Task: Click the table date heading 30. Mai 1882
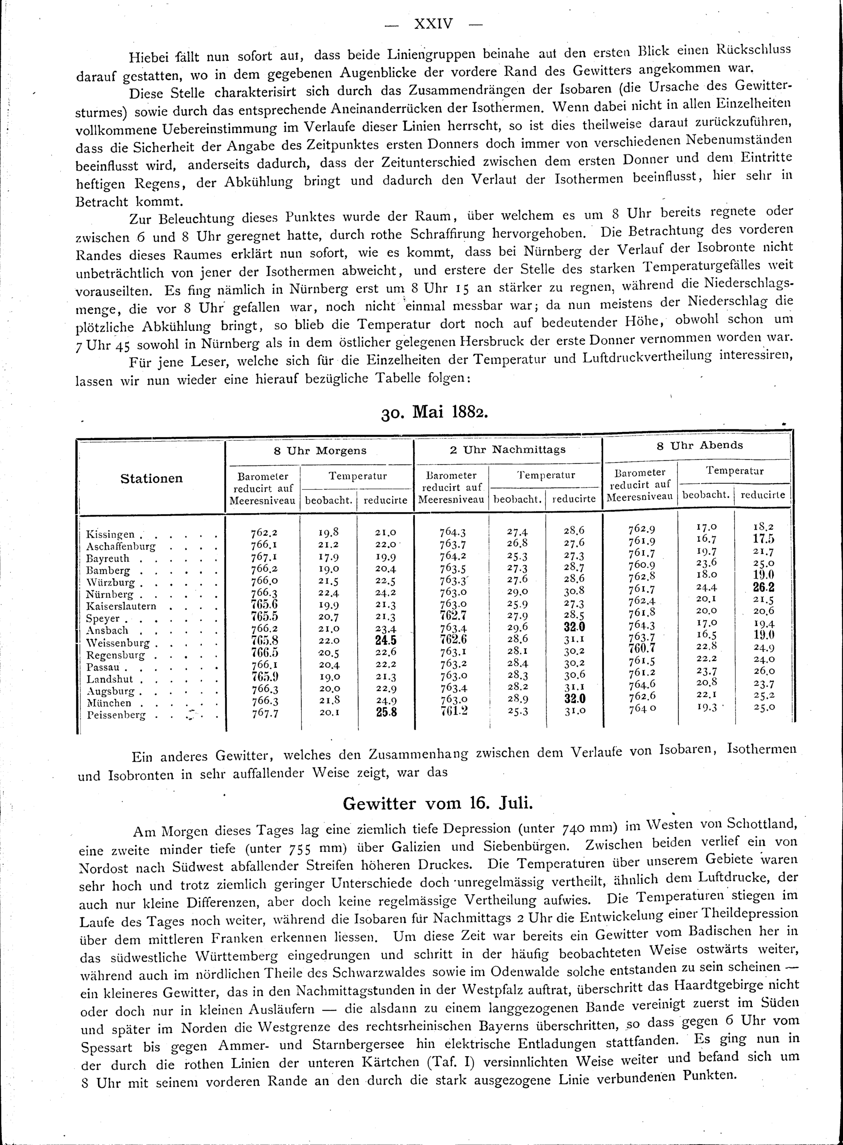click(x=434, y=412)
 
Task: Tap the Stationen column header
click(x=152, y=479)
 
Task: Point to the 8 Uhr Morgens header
click(x=320, y=450)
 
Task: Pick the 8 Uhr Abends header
click(x=700, y=445)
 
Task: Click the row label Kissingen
click(x=111, y=535)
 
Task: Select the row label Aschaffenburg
click(x=121, y=546)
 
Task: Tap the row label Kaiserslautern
click(x=121, y=607)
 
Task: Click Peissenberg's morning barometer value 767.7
click(x=264, y=714)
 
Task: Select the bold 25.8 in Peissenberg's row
click(x=386, y=714)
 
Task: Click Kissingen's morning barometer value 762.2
click(x=264, y=533)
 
